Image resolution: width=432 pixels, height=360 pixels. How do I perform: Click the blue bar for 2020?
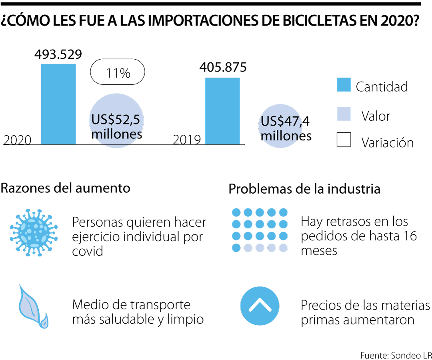(58, 104)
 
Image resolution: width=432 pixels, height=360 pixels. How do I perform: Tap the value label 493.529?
(58, 54)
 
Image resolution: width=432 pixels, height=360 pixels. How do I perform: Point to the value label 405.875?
(223, 67)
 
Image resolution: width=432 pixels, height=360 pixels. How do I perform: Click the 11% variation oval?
(118, 72)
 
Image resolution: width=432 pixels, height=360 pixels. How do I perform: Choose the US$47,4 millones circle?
(285, 127)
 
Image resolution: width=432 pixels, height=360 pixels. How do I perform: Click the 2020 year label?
(17, 140)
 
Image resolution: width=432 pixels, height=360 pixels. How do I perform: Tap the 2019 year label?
(187, 140)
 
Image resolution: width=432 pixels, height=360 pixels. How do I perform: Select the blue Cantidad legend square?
(344, 85)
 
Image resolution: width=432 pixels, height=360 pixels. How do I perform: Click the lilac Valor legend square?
(344, 114)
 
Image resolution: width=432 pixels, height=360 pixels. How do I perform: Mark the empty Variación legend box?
(344, 140)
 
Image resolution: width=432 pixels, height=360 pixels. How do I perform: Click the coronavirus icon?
(34, 232)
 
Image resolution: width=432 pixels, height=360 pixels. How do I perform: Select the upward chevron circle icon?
(260, 305)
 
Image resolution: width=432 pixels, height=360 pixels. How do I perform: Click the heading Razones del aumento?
(66, 188)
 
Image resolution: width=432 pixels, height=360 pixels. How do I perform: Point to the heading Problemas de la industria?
(304, 189)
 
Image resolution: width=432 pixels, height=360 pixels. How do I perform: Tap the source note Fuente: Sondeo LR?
(396, 355)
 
